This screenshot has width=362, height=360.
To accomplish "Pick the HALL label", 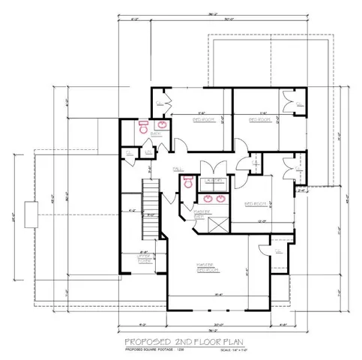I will pyautogui.click(x=178, y=168).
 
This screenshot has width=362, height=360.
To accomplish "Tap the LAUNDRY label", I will pyautogui.click(x=216, y=181).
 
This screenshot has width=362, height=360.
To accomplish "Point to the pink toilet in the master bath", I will pyautogui.click(x=189, y=181).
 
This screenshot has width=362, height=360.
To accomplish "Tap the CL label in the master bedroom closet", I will pyautogui.click(x=277, y=251).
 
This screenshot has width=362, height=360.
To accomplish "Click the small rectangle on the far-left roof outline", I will pyautogui.click(x=29, y=214).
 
